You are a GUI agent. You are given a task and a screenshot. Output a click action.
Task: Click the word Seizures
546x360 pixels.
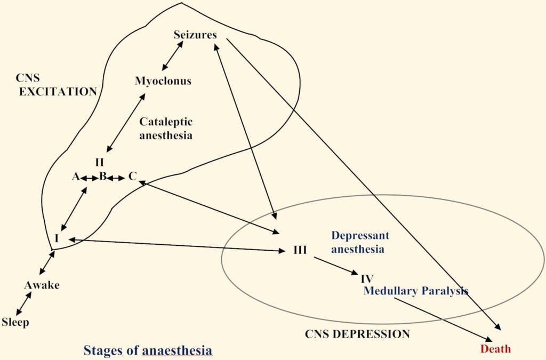click(x=195, y=35)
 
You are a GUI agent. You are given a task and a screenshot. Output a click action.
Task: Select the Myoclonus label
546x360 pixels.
click(x=163, y=81)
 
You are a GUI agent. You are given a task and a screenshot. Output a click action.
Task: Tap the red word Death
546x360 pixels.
click(x=495, y=349)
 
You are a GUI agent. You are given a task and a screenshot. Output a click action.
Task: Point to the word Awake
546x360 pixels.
click(x=42, y=285)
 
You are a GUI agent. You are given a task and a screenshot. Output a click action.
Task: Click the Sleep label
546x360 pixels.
click(x=15, y=322)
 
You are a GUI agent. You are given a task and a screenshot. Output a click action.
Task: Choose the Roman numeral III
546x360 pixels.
click(x=300, y=250)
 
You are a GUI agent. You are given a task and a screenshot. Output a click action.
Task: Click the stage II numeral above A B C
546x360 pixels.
click(x=99, y=162)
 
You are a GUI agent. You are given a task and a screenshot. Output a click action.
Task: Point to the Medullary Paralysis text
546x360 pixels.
click(x=415, y=291)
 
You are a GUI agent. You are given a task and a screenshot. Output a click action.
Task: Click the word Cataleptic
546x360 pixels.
click(x=166, y=122)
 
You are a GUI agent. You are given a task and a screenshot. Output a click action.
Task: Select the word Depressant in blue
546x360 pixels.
click(x=360, y=235)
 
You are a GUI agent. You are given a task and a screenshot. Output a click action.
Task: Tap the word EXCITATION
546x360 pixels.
click(x=58, y=92)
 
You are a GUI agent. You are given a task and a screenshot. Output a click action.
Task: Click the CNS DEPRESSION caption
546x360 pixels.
click(x=357, y=334)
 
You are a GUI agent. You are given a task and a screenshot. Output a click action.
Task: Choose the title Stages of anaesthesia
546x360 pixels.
click(x=148, y=350)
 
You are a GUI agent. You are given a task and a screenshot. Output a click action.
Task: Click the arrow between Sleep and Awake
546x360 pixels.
click(x=23, y=304)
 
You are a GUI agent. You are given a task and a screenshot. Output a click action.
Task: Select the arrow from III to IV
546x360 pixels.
click(x=336, y=266)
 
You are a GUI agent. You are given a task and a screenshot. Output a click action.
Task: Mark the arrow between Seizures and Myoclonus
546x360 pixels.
click(x=172, y=55)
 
